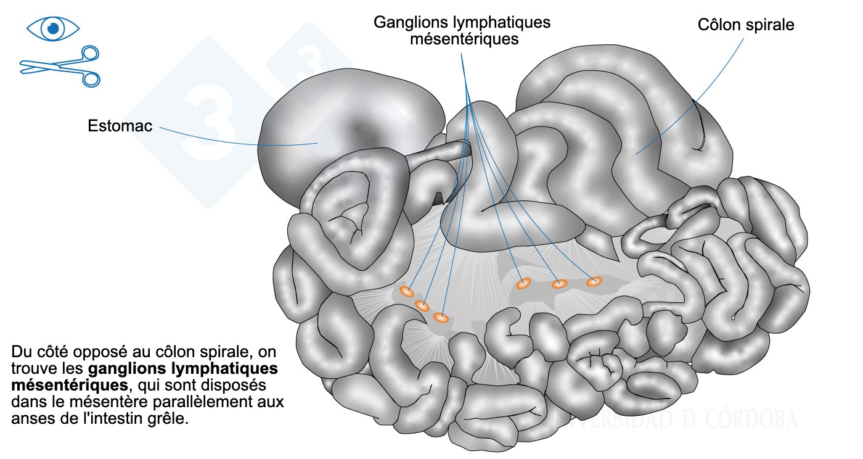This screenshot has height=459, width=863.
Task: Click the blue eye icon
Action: click(x=54, y=28)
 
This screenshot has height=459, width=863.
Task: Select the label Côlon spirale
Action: click(x=746, y=25)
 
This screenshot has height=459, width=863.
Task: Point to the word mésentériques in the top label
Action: click(x=461, y=39)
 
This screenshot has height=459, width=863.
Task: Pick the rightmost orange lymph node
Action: click(x=594, y=281)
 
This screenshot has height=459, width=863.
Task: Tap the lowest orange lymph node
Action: click(x=440, y=317)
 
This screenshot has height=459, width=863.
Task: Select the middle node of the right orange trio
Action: click(x=559, y=284)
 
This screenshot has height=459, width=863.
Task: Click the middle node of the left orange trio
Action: click(x=422, y=305)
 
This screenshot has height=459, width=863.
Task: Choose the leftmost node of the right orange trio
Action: click(x=523, y=284)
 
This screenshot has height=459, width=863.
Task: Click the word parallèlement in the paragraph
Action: click(x=199, y=403)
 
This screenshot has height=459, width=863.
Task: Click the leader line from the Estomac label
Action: click(x=240, y=141)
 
